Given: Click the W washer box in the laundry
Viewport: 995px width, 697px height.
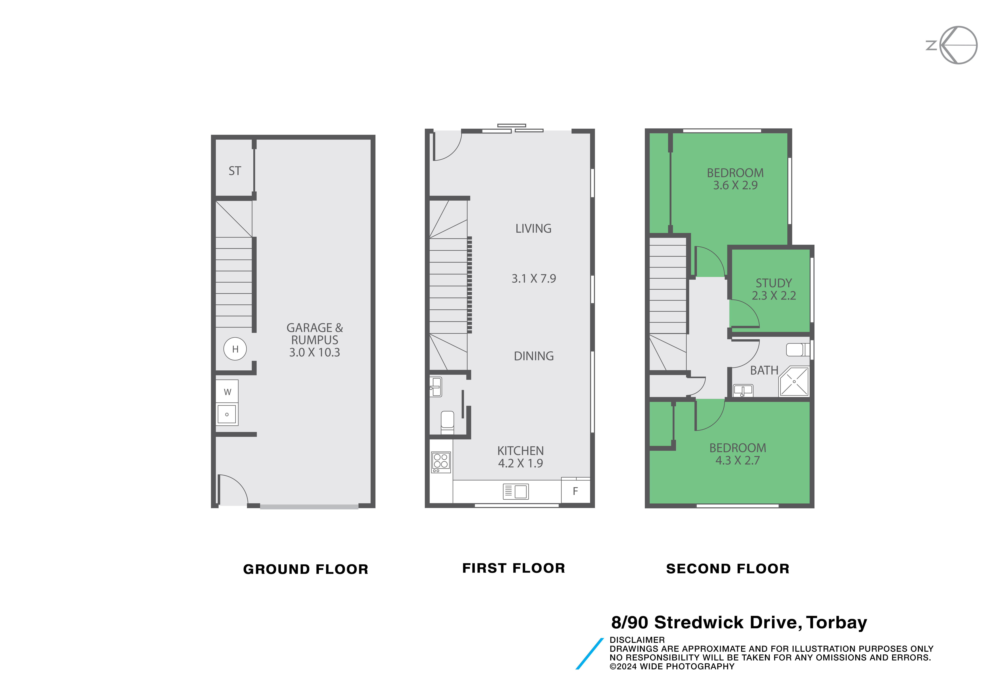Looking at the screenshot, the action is (x=227, y=392).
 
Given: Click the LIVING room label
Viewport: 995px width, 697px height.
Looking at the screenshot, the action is (x=533, y=229).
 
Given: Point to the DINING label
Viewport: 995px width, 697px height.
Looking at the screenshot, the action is (x=534, y=356).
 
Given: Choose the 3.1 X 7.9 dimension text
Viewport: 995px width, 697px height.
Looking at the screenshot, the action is (x=534, y=278).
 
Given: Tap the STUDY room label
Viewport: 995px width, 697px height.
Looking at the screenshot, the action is (x=774, y=283).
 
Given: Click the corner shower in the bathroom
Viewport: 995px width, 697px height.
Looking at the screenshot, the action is (x=794, y=381).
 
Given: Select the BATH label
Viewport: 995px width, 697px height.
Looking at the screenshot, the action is (x=764, y=370).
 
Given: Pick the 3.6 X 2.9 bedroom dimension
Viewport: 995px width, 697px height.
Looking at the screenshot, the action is (x=735, y=185).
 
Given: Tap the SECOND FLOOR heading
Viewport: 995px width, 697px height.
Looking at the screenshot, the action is (x=728, y=569).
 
